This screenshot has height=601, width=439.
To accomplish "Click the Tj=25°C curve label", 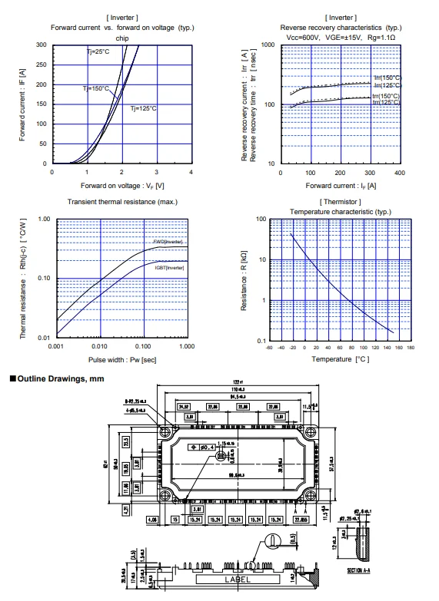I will (98, 51).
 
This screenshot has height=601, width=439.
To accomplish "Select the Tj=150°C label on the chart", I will (97, 89).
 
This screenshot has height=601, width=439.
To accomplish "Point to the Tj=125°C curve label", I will (143, 108).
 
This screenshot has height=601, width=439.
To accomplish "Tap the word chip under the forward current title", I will (121, 37).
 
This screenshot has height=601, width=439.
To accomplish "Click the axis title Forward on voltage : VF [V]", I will (121, 186).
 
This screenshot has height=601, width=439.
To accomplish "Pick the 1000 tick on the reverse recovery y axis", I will (268, 45).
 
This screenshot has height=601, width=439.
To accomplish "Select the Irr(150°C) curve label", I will (387, 78).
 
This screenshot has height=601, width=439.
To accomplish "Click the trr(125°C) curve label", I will (387, 102).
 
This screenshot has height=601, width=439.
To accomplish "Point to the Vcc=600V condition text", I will (298, 37).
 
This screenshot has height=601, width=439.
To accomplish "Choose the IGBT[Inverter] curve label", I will (170, 267).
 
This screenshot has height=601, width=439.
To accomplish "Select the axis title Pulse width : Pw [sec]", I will (121, 358).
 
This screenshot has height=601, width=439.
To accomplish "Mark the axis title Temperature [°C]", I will (340, 358).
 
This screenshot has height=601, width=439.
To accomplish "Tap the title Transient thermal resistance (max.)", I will (121, 202).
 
